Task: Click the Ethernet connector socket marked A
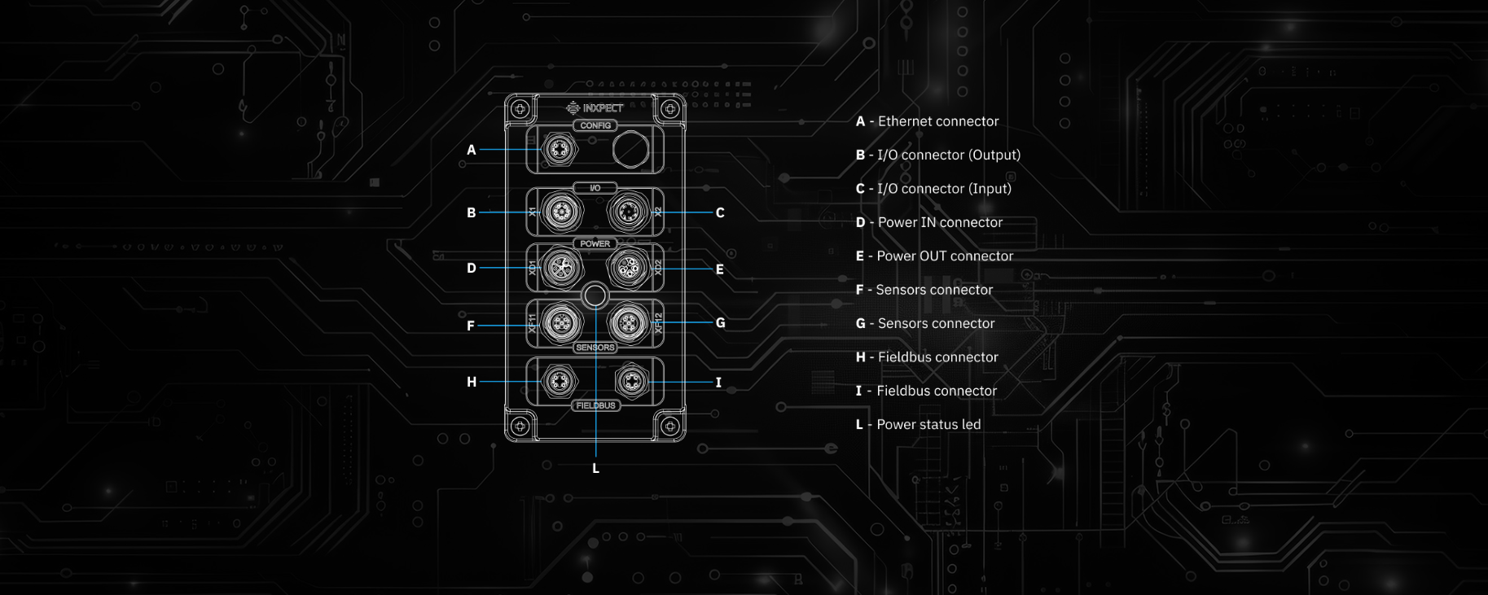pos(559,150)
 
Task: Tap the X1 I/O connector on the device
pos(561,212)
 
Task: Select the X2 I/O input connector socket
pos(627,212)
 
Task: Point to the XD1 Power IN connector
pos(561,267)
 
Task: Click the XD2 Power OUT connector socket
pos(627,267)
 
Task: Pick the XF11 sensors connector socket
pos(561,323)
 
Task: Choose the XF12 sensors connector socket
pos(627,323)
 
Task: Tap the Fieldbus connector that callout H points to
pos(559,380)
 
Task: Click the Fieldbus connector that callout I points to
pos(631,380)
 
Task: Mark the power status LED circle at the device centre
pos(595,295)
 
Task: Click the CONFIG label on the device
pos(595,125)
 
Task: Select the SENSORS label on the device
pos(595,348)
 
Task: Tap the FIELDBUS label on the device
pos(595,405)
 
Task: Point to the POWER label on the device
pos(595,243)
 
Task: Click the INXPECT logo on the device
pos(595,107)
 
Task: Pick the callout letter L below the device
pos(595,468)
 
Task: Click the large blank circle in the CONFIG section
pos(630,150)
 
